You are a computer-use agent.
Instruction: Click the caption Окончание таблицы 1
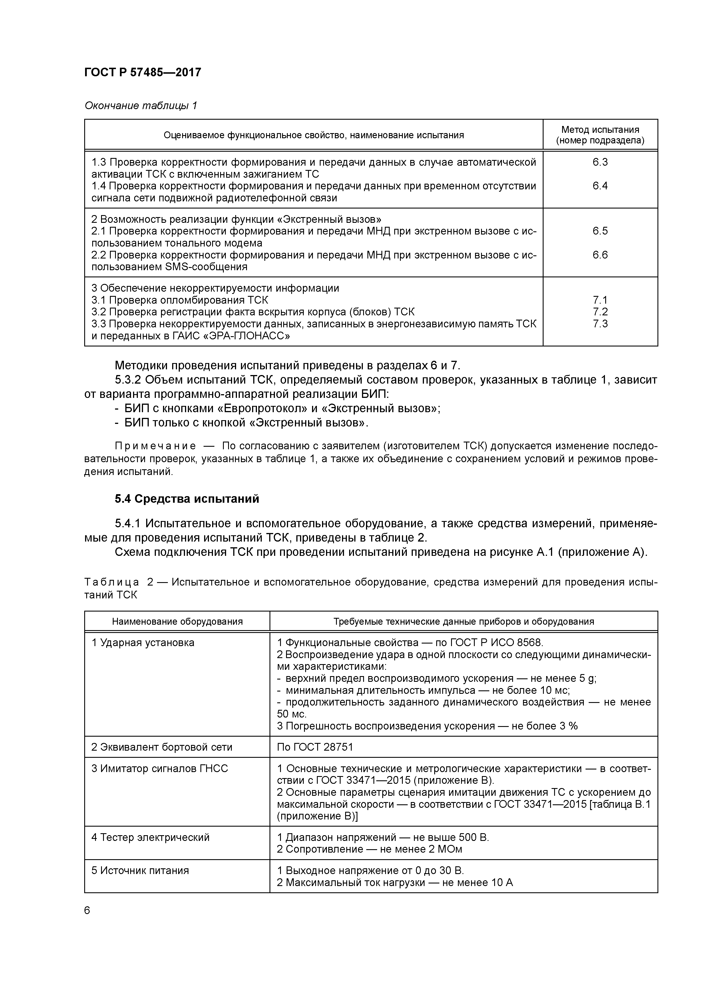140,106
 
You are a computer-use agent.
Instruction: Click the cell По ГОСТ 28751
315,747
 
